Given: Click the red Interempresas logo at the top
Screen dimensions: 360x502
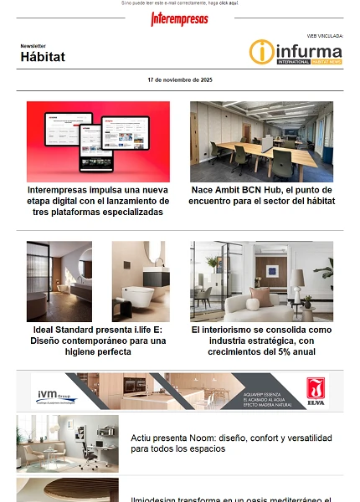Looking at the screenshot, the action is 179,18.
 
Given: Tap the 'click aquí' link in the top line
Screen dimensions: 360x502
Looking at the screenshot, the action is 229,3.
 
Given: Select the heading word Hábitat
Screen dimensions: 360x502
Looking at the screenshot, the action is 43,57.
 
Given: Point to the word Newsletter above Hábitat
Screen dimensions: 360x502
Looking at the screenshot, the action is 33,46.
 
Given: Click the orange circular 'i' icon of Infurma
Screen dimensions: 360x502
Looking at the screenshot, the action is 261,52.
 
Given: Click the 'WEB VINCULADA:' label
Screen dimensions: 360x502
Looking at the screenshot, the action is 325,36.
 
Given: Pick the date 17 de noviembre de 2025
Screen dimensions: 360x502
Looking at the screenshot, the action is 180,79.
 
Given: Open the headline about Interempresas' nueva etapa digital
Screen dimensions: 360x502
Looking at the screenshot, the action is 98,201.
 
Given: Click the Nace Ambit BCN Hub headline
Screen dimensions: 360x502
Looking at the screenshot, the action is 261,195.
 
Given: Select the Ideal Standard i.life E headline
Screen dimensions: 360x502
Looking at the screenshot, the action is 98,341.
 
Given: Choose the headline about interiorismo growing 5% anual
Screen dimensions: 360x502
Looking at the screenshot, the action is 261,341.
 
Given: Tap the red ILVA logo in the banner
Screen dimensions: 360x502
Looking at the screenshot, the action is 315,390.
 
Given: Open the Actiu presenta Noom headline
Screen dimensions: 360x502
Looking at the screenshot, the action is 231,443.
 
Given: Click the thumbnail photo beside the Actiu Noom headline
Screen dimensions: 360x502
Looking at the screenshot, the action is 68,443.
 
